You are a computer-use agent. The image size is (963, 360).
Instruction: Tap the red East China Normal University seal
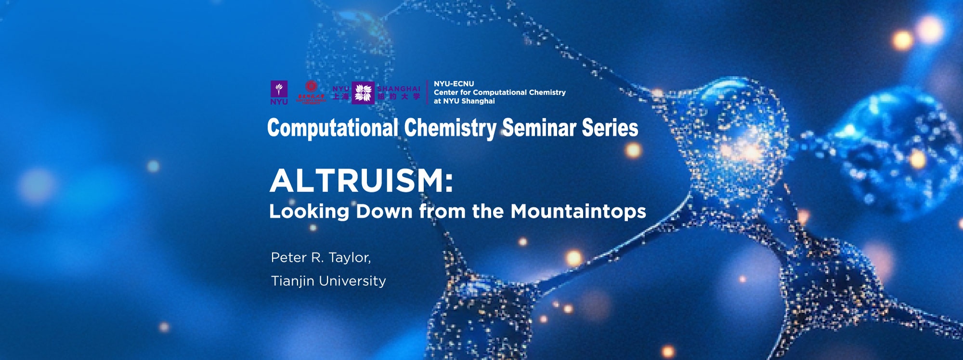[x=311, y=91]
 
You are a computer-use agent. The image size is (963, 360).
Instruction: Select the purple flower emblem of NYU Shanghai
[x=363, y=92]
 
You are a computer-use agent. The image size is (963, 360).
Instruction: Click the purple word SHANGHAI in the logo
[x=399, y=89]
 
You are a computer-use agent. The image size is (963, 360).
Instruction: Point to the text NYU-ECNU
[x=454, y=84]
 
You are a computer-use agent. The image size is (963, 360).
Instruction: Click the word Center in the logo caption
[x=446, y=92]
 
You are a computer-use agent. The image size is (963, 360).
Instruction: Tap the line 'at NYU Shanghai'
[x=464, y=101]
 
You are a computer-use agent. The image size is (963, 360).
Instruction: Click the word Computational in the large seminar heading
[x=333, y=128]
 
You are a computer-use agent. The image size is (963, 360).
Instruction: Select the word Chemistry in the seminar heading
[x=450, y=128]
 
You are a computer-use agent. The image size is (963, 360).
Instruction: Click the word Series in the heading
[x=610, y=128]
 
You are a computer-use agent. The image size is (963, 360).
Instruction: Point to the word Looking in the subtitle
[x=309, y=212]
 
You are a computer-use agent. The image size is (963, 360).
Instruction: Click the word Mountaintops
[x=578, y=212]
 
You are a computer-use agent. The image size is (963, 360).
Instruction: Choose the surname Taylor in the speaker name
[x=351, y=258]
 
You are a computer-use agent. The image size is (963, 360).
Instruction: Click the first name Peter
[x=289, y=257]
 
